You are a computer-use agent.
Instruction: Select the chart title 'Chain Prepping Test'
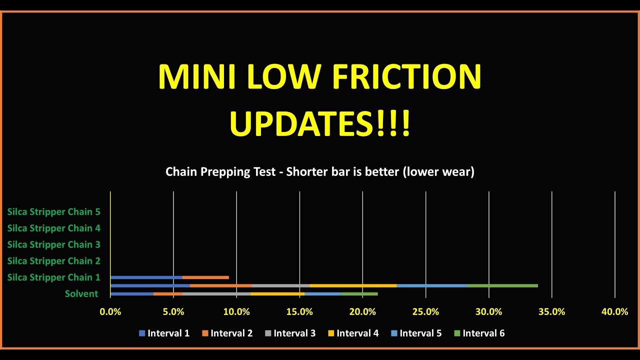click(x=220, y=172)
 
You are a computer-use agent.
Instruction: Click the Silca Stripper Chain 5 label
click(x=53, y=212)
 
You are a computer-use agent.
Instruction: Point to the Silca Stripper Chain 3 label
click(x=53, y=244)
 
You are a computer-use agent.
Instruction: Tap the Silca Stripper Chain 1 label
click(x=53, y=277)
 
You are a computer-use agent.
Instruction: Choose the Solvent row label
click(x=81, y=293)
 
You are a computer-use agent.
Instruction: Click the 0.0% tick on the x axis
click(x=110, y=312)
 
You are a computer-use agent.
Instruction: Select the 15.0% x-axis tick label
click(x=299, y=312)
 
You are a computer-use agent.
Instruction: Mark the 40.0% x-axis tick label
click(x=614, y=312)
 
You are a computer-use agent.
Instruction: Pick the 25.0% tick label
click(x=425, y=312)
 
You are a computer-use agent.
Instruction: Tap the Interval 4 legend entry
click(x=353, y=333)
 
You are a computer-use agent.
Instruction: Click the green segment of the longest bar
click(x=502, y=286)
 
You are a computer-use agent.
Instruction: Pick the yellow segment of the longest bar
click(x=353, y=286)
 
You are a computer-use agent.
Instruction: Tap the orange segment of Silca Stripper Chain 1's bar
click(x=205, y=277)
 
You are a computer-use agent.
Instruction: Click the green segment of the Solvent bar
click(x=359, y=294)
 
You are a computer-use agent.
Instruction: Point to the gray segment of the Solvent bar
click(x=216, y=294)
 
